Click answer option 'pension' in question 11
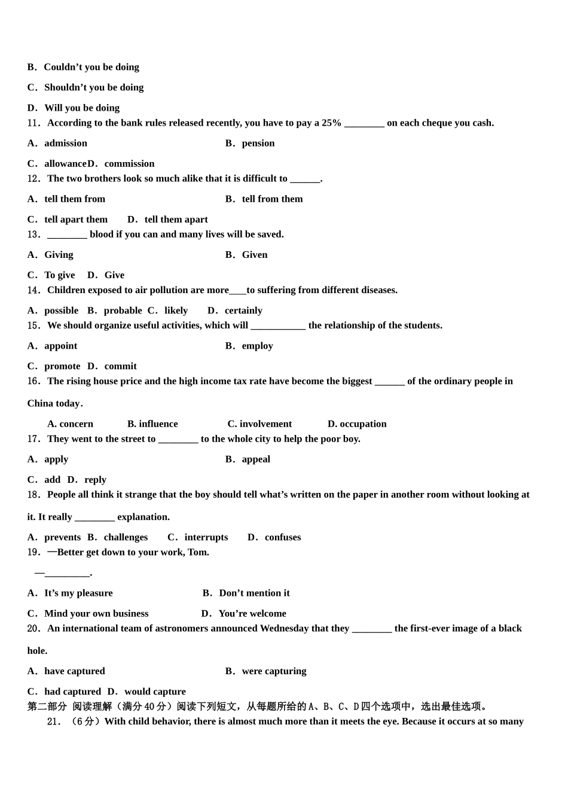(x=258, y=143)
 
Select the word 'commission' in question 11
(x=129, y=163)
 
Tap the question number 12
(x=33, y=178)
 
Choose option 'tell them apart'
(x=176, y=220)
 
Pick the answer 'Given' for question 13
(x=254, y=255)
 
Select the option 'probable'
(x=123, y=310)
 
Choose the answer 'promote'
(x=62, y=366)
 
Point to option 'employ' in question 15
(x=257, y=346)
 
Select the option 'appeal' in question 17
(x=256, y=459)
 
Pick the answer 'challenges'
(x=126, y=537)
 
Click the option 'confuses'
(x=282, y=537)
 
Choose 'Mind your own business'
(x=96, y=614)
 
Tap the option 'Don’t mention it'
(x=254, y=593)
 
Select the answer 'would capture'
(x=155, y=692)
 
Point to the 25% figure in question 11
(x=331, y=123)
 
